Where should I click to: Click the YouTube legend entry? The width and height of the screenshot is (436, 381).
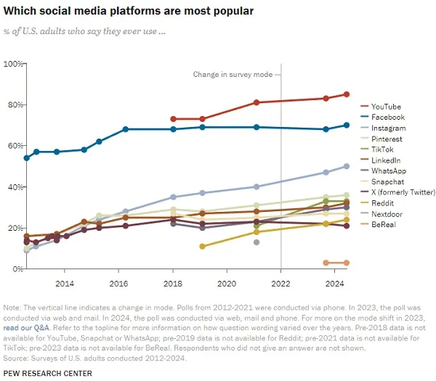386,107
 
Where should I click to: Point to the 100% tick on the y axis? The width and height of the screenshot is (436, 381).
12,64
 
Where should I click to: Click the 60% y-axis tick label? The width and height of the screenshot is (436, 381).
14,146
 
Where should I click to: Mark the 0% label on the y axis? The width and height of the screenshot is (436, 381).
16,269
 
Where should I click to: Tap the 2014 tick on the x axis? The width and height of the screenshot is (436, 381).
64,282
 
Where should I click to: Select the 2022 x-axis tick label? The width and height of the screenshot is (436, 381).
281,282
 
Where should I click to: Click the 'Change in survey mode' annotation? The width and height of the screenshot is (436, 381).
233,75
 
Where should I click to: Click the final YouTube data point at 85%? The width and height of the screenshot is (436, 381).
347,94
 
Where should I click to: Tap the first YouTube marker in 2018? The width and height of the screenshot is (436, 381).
173,119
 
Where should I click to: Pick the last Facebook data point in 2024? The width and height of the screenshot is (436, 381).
347,126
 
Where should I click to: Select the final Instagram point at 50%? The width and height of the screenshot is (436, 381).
347,166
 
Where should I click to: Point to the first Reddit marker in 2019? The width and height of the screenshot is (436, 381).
202,246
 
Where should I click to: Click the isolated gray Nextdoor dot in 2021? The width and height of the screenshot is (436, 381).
257,242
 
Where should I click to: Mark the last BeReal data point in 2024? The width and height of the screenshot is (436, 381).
347,263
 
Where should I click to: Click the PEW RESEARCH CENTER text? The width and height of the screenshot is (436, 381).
47,373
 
